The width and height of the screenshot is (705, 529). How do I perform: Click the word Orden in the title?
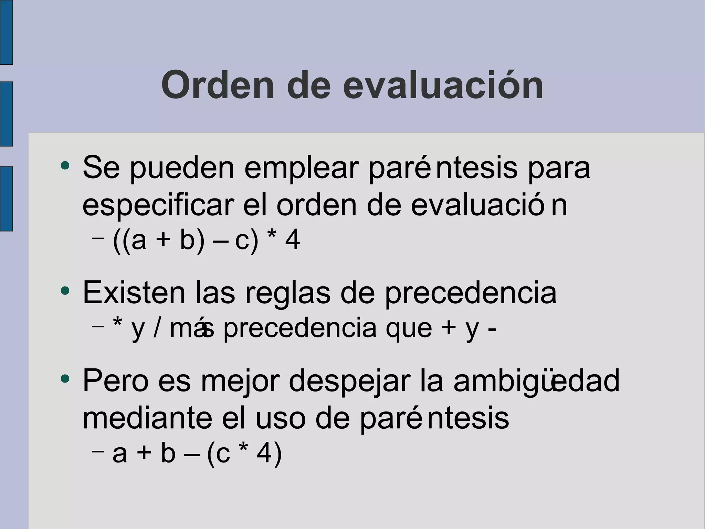point(218,85)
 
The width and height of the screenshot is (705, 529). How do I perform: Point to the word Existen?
point(134,293)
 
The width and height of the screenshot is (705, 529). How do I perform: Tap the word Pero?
point(116,381)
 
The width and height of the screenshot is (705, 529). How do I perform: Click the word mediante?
point(147,418)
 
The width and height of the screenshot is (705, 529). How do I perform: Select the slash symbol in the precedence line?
point(157,328)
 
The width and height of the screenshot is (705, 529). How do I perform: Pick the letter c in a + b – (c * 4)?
point(223,454)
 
